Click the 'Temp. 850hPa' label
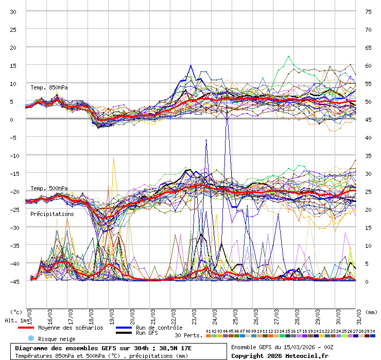coord(49,87)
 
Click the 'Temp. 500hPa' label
coord(49,188)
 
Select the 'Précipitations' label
coord(52,214)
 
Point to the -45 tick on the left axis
coord(14,281)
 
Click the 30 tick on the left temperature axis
coord(14,11)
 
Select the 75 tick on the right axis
coord(368,11)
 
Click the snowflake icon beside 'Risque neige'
coord(30,339)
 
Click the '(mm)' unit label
coord(372,312)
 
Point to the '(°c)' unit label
coord(16,312)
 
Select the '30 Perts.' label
coord(188,335)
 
